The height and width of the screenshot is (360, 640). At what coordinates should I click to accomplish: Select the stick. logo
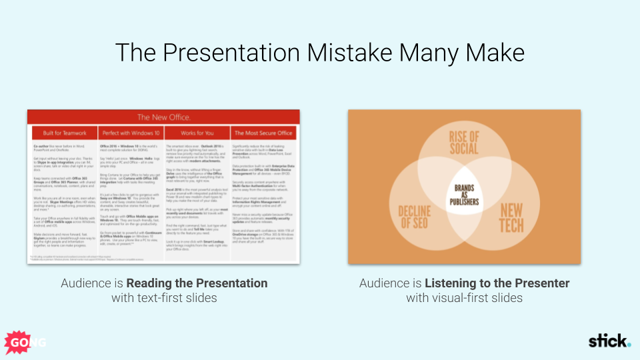click(x=609, y=341)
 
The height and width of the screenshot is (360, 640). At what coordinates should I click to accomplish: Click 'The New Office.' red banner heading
click(x=163, y=117)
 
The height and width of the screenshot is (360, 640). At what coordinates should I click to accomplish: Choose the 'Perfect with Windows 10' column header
click(x=130, y=133)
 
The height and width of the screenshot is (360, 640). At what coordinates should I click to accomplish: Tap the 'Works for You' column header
click(x=197, y=133)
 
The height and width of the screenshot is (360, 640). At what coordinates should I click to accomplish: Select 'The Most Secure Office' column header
click(x=265, y=133)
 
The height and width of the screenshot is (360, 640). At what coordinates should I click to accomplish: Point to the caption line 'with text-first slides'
click(x=164, y=298)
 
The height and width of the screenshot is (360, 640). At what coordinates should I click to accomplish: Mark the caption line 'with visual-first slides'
click(x=464, y=298)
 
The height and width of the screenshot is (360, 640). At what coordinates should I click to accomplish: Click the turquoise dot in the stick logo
click(x=628, y=345)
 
